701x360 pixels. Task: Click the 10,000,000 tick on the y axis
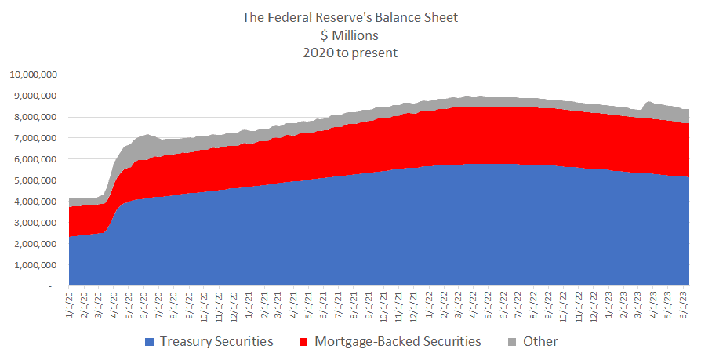(34, 75)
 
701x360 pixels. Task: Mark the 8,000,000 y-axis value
(36, 118)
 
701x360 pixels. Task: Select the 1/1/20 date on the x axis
(71, 306)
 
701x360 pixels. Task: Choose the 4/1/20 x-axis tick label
(116, 306)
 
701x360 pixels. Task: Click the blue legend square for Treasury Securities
(149, 342)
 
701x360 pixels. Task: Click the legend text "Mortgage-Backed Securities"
(398, 342)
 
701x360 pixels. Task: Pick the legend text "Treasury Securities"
(216, 342)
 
